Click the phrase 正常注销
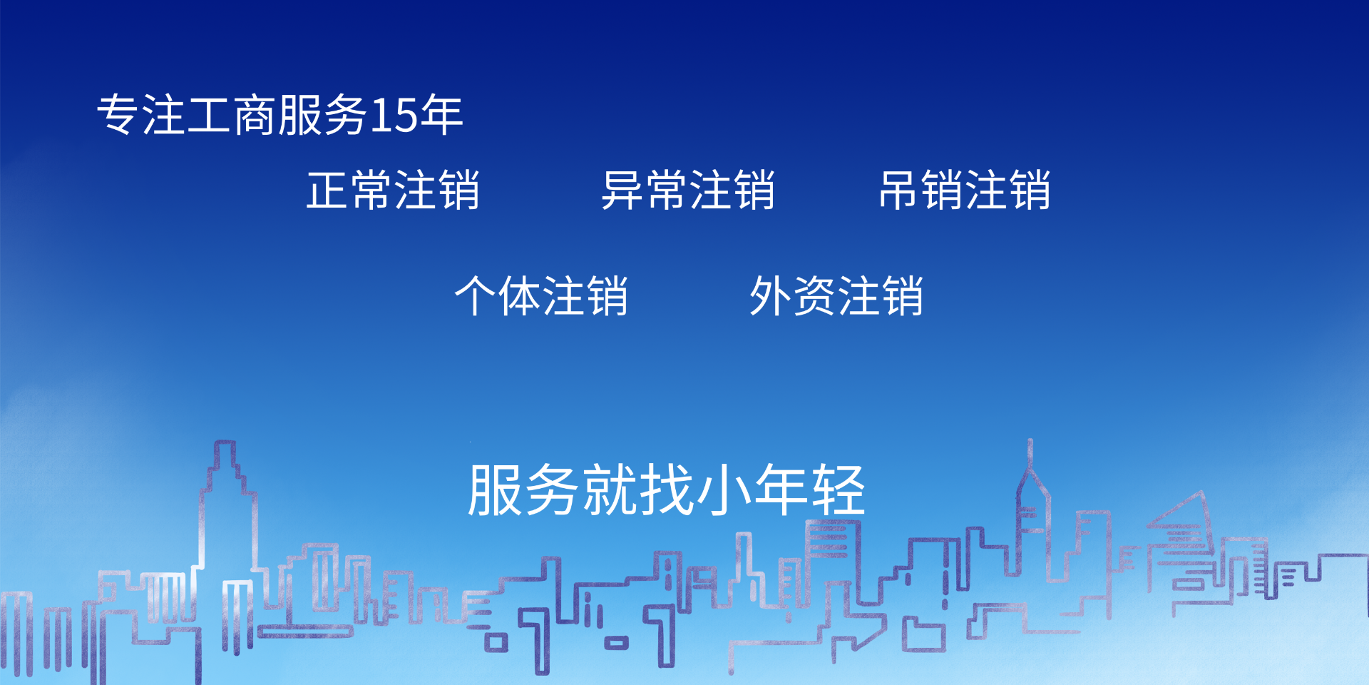pyautogui.click(x=393, y=191)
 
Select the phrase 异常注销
pyautogui.click(x=688, y=191)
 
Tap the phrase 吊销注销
pyautogui.click(x=965, y=191)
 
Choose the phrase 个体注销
pyautogui.click(x=541, y=296)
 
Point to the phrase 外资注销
pyautogui.click(x=836, y=296)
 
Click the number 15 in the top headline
pyautogui.click(x=393, y=116)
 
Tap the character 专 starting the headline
pyautogui.click(x=118, y=114)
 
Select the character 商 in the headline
pyautogui.click(x=255, y=114)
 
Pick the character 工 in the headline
pyautogui.click(x=209, y=115)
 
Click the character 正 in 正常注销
pyautogui.click(x=328, y=191)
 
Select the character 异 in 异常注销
pyautogui.click(x=622, y=191)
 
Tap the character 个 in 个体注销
pyautogui.click(x=476, y=296)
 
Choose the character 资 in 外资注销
pyautogui.click(x=814, y=296)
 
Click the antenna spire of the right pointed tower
pyautogui.click(x=1030, y=452)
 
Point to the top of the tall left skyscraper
pyautogui.click(x=225, y=443)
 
